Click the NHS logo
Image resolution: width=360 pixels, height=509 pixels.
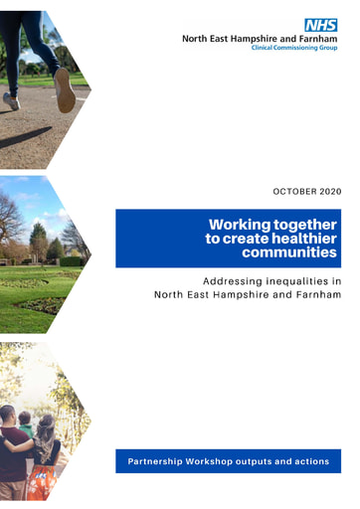(320, 25)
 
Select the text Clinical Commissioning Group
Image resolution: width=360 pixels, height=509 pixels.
(293, 48)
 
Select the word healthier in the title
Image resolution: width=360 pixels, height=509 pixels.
(307, 239)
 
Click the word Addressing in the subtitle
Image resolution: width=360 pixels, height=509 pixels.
(231, 281)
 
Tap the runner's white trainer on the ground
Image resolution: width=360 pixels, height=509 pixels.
(12, 100)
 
